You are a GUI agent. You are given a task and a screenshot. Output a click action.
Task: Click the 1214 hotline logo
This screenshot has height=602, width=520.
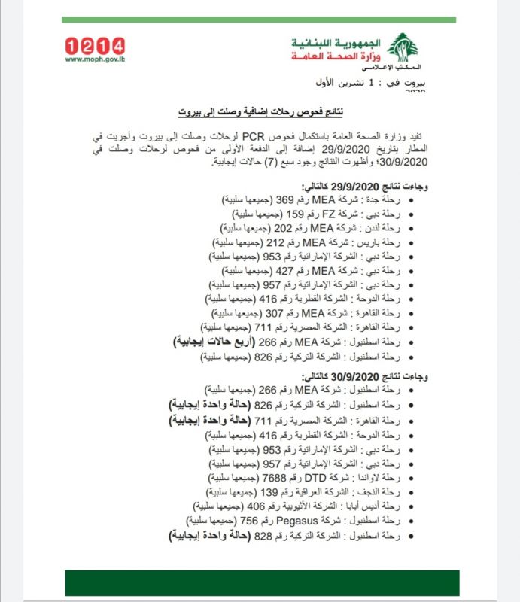click(x=96, y=46)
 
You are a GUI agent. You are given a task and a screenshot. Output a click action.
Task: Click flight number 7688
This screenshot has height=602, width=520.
click(x=277, y=478)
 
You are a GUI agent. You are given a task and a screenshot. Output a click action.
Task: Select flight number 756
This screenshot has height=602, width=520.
click(x=250, y=521)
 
